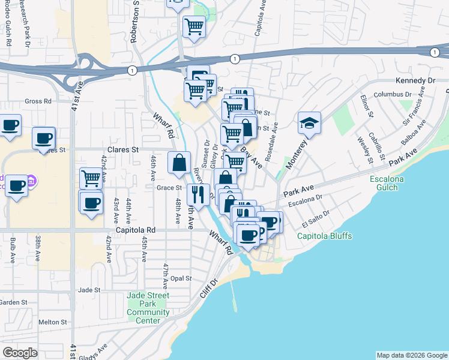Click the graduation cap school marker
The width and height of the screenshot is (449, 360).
pyautogui.click(x=309, y=124)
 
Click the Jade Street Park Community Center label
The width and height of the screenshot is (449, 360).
pyautogui.click(x=148, y=308)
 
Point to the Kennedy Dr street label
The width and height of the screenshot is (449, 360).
pyautogui.click(x=415, y=80)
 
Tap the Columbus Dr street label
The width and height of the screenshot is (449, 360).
pyautogui.click(x=393, y=95)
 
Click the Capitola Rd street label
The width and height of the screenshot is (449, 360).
pyautogui.click(x=136, y=230)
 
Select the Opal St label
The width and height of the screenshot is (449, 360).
pyautogui.click(x=181, y=278)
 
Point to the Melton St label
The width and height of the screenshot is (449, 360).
pyautogui.click(x=52, y=322)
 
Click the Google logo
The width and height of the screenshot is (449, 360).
pyautogui.click(x=20, y=353)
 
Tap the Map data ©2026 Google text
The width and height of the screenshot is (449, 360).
pyautogui.click(x=411, y=355)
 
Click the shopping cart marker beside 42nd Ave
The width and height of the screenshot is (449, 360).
pyautogui.click(x=91, y=178)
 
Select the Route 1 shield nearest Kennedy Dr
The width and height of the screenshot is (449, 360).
pyautogui.click(x=433, y=52)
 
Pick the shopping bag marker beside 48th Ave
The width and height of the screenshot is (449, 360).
pyautogui.click(x=179, y=162)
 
